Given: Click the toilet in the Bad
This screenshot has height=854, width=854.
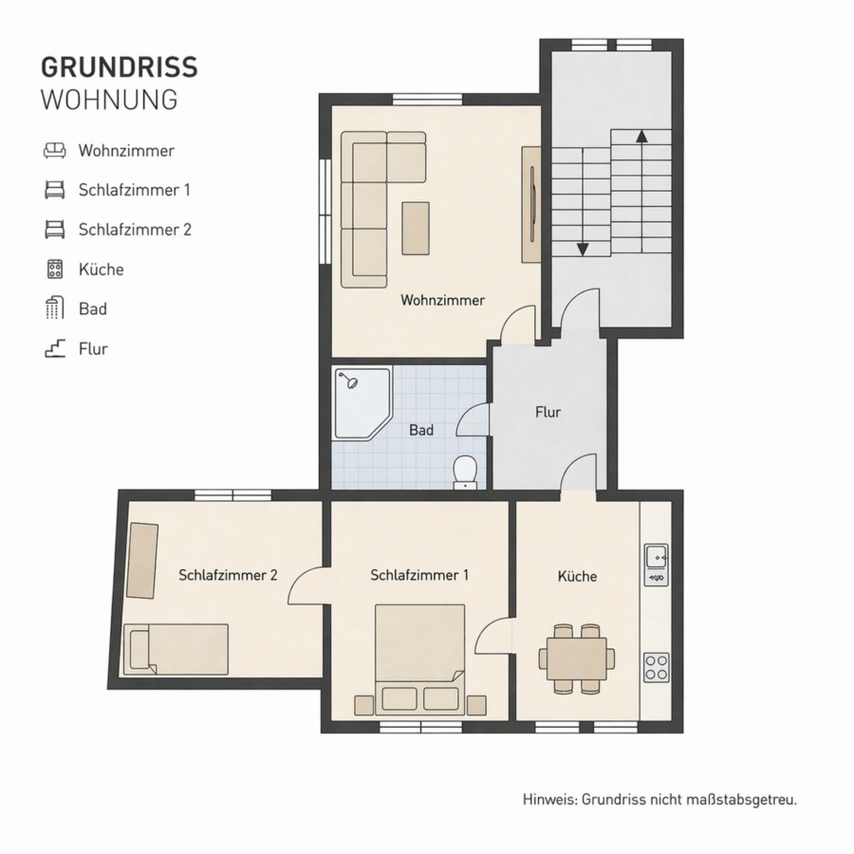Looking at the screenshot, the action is pos(465,472).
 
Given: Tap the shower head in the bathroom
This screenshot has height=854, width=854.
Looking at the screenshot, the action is pos(353,383).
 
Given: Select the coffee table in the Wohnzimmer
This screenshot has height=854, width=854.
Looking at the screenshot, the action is pos(416,228).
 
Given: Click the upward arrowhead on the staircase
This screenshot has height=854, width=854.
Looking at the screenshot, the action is pos(642,136).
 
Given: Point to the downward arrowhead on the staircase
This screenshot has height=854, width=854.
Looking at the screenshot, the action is pos(583,250).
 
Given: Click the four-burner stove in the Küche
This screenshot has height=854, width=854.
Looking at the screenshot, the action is pos(657,667).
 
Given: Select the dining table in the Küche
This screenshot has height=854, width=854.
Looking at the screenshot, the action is pos(577,659).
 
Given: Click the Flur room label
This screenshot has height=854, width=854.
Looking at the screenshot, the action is pos(548,413).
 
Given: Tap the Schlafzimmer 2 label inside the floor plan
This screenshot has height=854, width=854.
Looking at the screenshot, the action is pos(228,575).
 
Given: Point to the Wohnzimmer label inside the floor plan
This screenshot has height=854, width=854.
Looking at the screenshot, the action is pos(442,300).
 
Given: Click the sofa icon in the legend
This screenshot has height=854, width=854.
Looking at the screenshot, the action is pos(54,150).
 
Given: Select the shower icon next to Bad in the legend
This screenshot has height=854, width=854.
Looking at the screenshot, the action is pos(54,308).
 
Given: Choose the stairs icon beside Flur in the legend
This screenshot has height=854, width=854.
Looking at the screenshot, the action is pos(55,348).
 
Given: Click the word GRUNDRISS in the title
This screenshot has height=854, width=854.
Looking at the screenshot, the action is pos(120,67).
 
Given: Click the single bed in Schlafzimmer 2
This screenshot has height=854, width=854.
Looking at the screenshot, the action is pos(176,649).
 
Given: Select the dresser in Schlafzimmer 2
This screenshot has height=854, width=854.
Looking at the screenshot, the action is pos(142,561).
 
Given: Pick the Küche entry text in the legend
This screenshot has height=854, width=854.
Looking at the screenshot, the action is pos(102,269).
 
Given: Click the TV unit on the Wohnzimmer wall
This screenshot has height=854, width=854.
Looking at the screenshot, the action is pos(531,204).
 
